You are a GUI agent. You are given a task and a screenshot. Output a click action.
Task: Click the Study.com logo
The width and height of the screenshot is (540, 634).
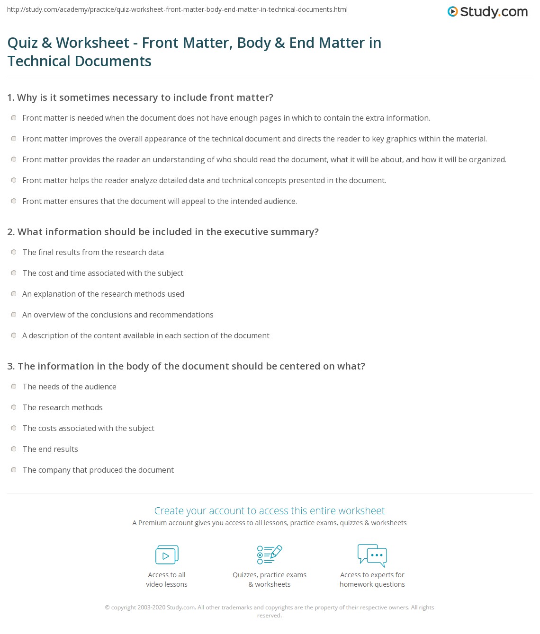[487, 11]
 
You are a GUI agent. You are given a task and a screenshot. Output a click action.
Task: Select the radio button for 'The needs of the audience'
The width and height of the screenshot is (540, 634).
[14, 387]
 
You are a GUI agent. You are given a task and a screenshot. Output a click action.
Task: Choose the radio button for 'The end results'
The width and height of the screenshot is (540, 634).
[14, 449]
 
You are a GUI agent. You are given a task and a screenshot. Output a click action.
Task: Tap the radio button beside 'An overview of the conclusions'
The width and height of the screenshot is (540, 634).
[14, 315]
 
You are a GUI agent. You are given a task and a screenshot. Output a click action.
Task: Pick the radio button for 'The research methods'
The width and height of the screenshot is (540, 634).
[14, 407]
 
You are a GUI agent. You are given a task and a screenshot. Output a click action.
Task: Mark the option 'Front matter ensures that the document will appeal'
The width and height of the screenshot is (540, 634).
[14, 201]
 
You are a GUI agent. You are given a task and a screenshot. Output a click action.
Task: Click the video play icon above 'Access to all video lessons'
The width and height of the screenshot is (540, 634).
[167, 555]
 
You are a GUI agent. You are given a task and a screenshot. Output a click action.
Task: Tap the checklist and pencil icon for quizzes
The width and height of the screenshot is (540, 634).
[270, 555]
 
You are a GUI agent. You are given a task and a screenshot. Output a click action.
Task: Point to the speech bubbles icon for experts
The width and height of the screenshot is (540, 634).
[372, 555]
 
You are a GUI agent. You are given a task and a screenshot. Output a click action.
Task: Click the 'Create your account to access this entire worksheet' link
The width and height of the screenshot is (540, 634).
[270, 511]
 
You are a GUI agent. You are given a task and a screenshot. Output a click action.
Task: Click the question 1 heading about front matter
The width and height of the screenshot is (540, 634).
[140, 97]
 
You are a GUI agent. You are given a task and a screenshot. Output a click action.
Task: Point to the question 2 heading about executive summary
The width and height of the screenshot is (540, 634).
[163, 232]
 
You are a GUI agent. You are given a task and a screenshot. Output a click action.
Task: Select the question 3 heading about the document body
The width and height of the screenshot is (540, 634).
[186, 366]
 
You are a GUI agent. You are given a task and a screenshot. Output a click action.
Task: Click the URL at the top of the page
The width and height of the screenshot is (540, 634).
[178, 9]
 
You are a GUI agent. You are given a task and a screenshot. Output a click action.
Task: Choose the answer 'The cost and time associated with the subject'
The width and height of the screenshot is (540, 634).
[103, 273]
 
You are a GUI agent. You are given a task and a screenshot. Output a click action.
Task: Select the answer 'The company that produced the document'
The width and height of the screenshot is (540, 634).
[98, 470]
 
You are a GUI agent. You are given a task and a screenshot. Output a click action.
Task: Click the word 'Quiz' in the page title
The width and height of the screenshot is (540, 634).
[23, 43]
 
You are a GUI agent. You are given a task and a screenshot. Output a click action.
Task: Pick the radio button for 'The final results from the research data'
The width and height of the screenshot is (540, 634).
[14, 252]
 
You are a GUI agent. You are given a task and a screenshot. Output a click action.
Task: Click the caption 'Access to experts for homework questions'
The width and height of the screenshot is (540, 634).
[372, 580]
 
